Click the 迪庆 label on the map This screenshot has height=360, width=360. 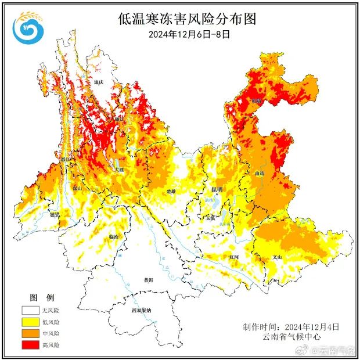98,82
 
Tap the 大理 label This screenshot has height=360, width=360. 119,170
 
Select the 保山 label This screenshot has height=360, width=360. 77,188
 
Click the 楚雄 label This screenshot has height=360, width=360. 171,190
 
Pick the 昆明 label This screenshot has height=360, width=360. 217,189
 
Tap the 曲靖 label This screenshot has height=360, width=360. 260,173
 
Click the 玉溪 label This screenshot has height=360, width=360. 210,217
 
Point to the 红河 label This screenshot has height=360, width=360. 234,255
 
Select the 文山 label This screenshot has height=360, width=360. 277,257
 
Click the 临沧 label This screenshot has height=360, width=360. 114,237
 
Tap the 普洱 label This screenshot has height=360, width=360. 149,280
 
